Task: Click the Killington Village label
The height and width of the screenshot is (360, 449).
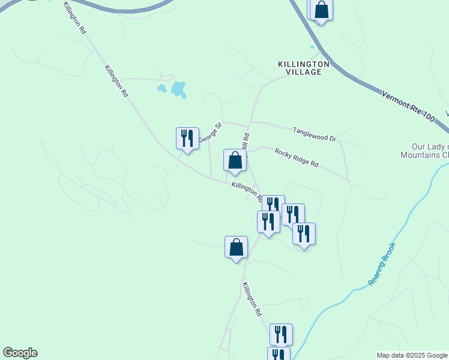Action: tap(304, 67)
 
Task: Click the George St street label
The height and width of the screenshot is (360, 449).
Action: tap(211, 133)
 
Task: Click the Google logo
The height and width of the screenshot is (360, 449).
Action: tap(20, 353)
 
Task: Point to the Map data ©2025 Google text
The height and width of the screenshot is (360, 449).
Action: tap(412, 355)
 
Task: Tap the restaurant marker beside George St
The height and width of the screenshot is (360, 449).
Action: tap(187, 139)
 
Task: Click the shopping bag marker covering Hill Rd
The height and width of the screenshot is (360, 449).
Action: tap(235, 161)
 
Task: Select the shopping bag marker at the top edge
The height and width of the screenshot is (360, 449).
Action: tap(321, 10)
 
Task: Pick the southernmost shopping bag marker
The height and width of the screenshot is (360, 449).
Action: tap(236, 247)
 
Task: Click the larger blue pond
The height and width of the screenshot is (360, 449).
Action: tap(178, 89)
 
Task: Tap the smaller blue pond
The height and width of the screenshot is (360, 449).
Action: tap(161, 89)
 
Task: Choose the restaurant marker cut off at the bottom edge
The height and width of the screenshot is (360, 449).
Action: tap(279, 354)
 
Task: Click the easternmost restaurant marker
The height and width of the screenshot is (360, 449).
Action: tap(304, 233)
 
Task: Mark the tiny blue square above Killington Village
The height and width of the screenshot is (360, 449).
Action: tap(312, 47)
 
